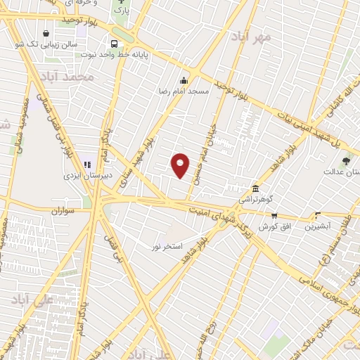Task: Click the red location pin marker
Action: click(181, 165)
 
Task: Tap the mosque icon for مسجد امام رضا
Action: click(184, 80)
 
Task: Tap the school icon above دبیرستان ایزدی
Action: click(87, 165)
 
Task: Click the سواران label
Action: click(63, 210)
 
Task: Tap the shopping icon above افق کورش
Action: click(274, 216)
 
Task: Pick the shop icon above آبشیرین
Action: click(318, 216)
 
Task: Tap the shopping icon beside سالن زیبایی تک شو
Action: click(46, 33)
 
